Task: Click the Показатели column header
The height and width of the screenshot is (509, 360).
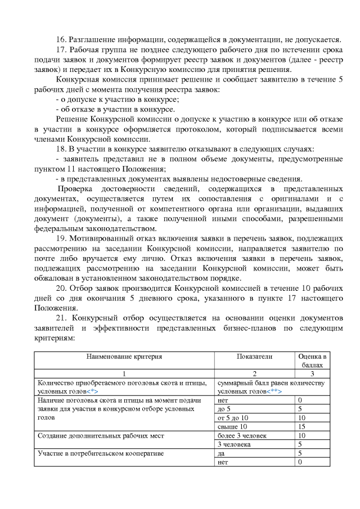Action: (x=254, y=357)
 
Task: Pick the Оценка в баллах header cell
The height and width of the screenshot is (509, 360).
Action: (x=312, y=361)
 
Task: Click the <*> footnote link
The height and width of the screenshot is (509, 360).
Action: (x=93, y=391)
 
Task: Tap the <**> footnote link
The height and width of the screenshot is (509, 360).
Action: (x=274, y=391)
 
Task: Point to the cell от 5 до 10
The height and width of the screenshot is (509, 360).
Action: (x=232, y=418)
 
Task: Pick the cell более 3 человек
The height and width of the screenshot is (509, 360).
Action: (x=242, y=436)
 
